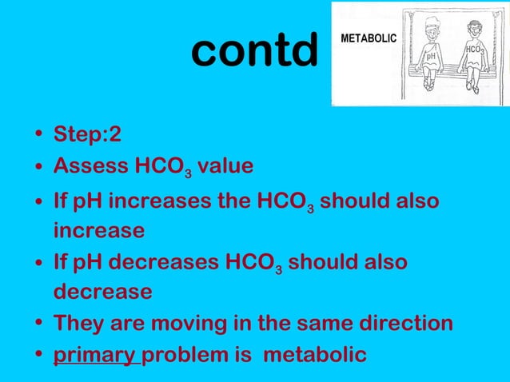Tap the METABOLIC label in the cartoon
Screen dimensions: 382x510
click(x=369, y=38)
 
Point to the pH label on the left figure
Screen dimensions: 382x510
click(x=431, y=58)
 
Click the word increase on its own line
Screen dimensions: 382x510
click(x=99, y=231)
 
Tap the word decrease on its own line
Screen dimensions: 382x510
click(x=102, y=292)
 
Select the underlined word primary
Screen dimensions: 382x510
click(x=94, y=355)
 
